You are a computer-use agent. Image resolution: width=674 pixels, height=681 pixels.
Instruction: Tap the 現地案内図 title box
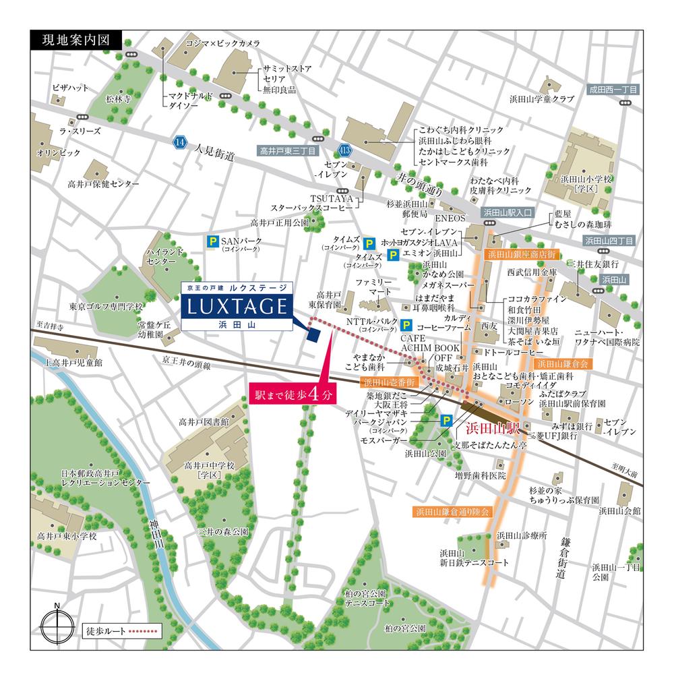(x=75, y=40)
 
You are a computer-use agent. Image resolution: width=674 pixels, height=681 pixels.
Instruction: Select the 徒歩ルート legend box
(x=122, y=632)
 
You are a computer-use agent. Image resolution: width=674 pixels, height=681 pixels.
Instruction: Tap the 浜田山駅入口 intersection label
(x=508, y=212)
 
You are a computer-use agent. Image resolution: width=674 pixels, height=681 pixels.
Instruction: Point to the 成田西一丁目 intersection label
(x=613, y=89)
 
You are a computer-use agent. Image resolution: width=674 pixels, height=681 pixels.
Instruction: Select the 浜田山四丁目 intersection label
(x=609, y=240)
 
